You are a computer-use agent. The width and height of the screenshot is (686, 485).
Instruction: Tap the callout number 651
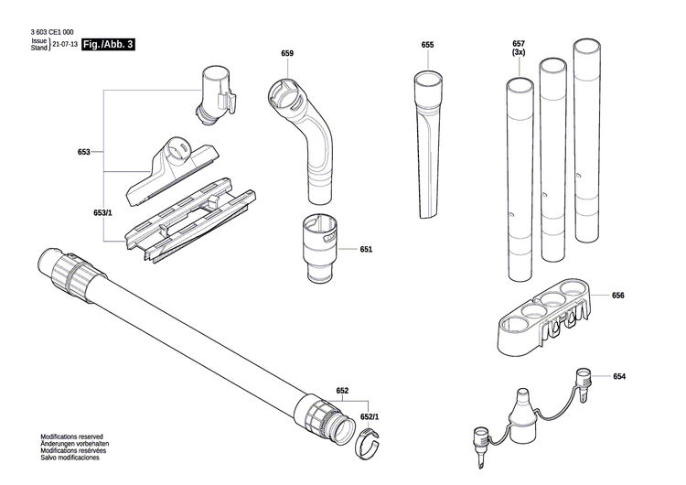click(x=366, y=249)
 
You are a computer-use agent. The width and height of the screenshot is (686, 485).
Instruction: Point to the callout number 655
click(x=427, y=45)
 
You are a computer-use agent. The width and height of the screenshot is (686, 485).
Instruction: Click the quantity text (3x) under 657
click(x=519, y=54)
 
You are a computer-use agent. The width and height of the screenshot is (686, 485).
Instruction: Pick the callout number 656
click(x=618, y=296)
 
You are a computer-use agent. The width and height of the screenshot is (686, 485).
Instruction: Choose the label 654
click(x=619, y=377)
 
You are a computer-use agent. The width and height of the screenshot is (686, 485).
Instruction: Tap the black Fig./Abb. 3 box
click(x=108, y=44)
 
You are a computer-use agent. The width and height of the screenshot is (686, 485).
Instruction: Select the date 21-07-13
click(x=65, y=44)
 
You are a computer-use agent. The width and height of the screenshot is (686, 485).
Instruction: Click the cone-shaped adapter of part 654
click(x=523, y=404)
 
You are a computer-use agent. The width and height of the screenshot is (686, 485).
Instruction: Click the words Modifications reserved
click(x=71, y=437)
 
